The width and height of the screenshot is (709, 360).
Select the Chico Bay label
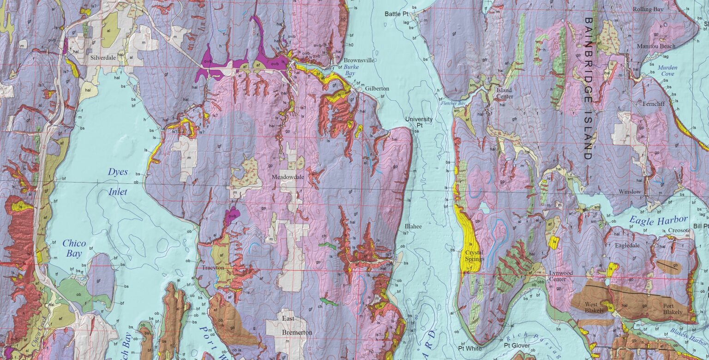[x=74, y=248]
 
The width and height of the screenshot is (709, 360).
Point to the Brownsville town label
[x=359, y=60]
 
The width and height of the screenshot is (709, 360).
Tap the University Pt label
[x=419, y=122]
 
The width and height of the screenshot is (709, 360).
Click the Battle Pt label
[x=397, y=14]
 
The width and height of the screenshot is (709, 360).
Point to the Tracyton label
[x=213, y=268]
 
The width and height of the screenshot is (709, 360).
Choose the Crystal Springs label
[x=474, y=256]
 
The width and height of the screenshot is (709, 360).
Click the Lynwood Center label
[x=561, y=276]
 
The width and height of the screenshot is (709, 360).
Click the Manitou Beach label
[x=656, y=46]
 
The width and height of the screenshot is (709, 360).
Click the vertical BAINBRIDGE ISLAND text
[x=588, y=89]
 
